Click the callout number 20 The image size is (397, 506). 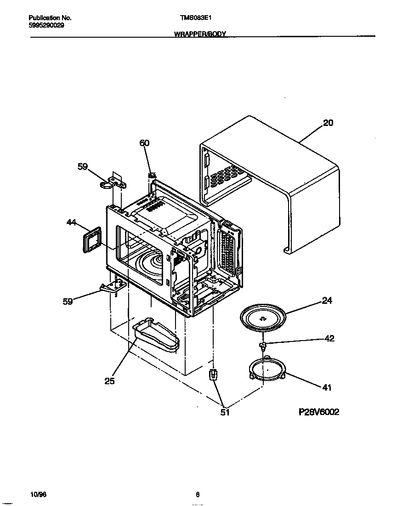tap(328, 123)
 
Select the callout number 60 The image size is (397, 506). tap(144, 143)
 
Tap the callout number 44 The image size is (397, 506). tap(71, 222)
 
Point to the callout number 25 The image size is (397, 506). tap(109, 381)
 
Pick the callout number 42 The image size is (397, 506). tap(329, 339)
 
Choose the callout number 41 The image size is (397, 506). tap(326, 387)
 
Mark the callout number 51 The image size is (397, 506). tap(225, 412)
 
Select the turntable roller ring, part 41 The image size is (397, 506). tap(266, 370)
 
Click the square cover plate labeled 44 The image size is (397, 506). tap(92, 242)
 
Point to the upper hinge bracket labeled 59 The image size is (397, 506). tap(113, 183)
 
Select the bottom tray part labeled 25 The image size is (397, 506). tap(156, 336)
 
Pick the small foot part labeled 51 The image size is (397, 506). tap(213, 375)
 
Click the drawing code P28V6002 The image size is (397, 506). tap(318, 412)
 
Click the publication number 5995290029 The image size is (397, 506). tap(46, 25)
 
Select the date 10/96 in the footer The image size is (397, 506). tap(37, 495)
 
